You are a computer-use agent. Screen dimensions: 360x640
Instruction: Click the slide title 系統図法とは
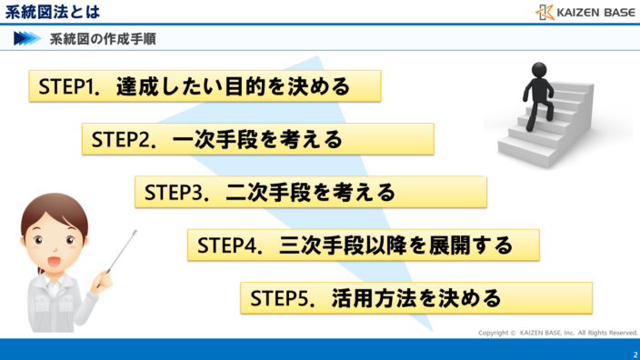click(x=52, y=12)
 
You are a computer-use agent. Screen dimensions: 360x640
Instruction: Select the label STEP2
click(x=121, y=139)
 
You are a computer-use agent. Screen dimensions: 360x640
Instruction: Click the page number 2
click(x=634, y=353)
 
